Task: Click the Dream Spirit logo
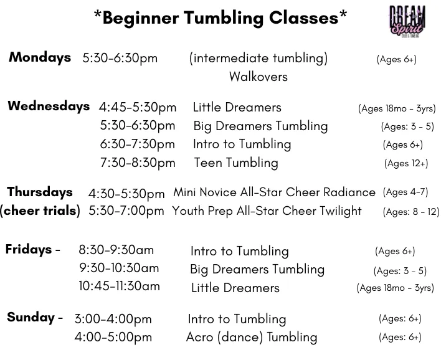pyautogui.click(x=407, y=21)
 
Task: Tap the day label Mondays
pyautogui.click(x=40, y=57)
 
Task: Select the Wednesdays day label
pyautogui.click(x=49, y=107)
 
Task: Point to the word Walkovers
pyautogui.click(x=258, y=77)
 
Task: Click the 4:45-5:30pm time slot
pyautogui.click(x=138, y=107)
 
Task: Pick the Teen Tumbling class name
pyautogui.click(x=236, y=163)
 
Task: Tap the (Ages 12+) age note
pyautogui.click(x=406, y=163)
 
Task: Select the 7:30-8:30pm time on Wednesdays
pyautogui.click(x=138, y=163)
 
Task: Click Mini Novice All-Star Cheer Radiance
pyautogui.click(x=274, y=192)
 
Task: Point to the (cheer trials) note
pyautogui.click(x=40, y=211)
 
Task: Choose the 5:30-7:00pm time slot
pyautogui.click(x=126, y=211)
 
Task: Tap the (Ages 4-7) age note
pyautogui.click(x=405, y=192)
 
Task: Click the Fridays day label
pyautogui.click(x=32, y=249)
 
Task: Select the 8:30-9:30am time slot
pyautogui.click(x=116, y=250)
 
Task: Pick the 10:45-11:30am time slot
pyautogui.click(x=119, y=286)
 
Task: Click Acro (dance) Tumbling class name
pyautogui.click(x=252, y=337)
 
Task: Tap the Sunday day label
pyautogui.click(x=35, y=317)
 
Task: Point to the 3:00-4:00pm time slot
pyautogui.click(x=113, y=320)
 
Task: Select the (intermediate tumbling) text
pyautogui.click(x=258, y=59)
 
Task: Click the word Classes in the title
pyautogui.click(x=304, y=18)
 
